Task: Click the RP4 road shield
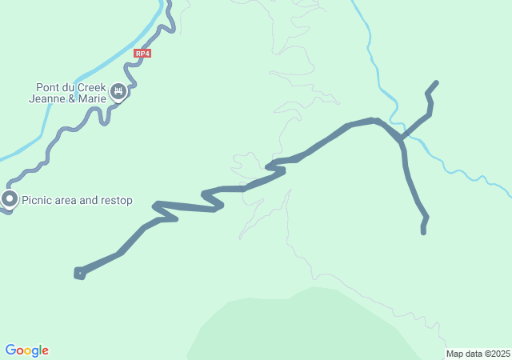(142, 54)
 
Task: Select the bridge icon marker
(118, 93)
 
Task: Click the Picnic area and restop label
(77, 201)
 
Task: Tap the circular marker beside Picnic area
(10, 198)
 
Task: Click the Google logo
(26, 350)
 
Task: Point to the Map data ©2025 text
(478, 354)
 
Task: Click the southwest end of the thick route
(78, 274)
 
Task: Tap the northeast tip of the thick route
(436, 82)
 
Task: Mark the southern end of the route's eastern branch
(423, 232)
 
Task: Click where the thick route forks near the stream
(400, 139)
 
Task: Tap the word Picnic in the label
(38, 201)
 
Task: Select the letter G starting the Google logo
(10, 350)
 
